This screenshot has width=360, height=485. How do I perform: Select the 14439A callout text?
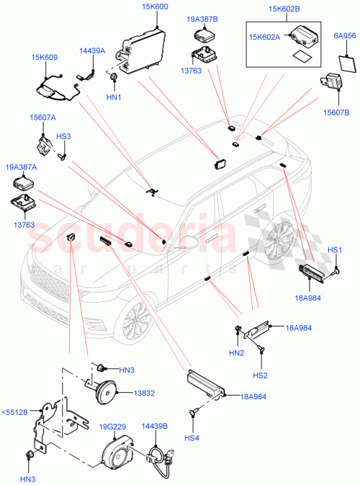[x=92, y=50]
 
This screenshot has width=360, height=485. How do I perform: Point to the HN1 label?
[x=114, y=97]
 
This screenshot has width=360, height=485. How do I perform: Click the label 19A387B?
[x=202, y=19]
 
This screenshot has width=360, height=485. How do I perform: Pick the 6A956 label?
[x=342, y=35]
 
